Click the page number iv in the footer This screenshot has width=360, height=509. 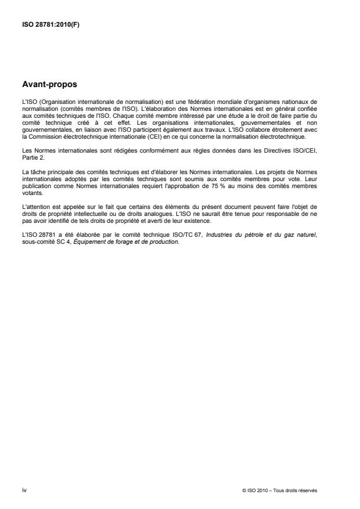[x=24, y=490]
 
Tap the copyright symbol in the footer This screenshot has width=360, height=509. [x=244, y=491]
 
